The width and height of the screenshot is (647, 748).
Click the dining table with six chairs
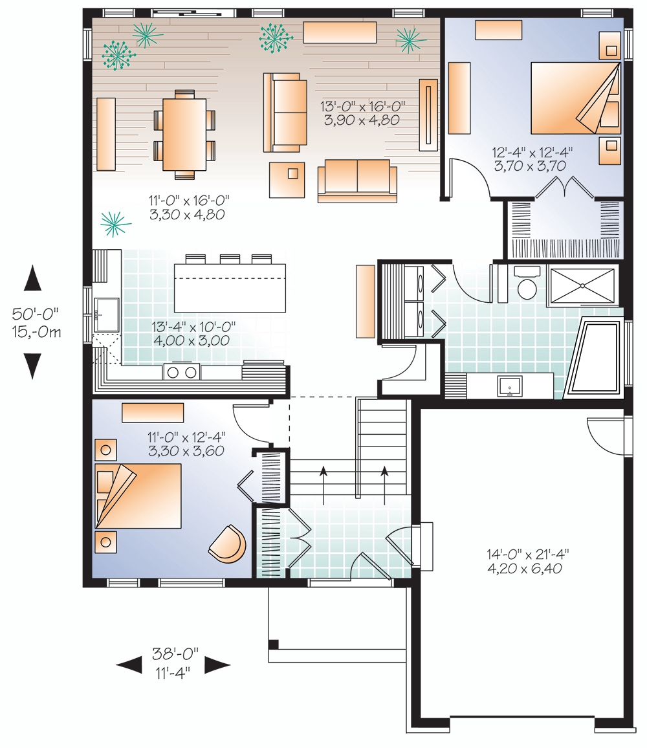[184, 135]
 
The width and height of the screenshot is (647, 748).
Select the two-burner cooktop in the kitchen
[182, 371]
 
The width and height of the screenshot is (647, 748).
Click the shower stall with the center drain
[582, 285]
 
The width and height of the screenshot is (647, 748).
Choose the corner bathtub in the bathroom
[593, 356]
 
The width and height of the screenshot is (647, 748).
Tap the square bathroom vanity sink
[510, 386]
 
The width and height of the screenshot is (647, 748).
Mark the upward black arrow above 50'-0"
[33, 279]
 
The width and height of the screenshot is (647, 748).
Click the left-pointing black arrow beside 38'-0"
[129, 665]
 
